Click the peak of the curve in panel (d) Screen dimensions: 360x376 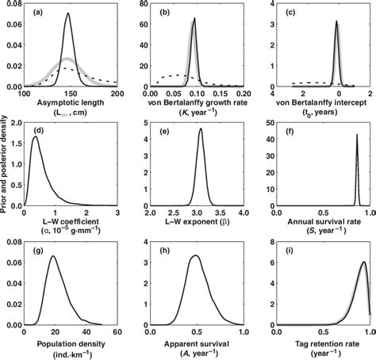(x=34, y=137)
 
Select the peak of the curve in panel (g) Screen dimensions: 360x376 (x=53, y=256)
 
